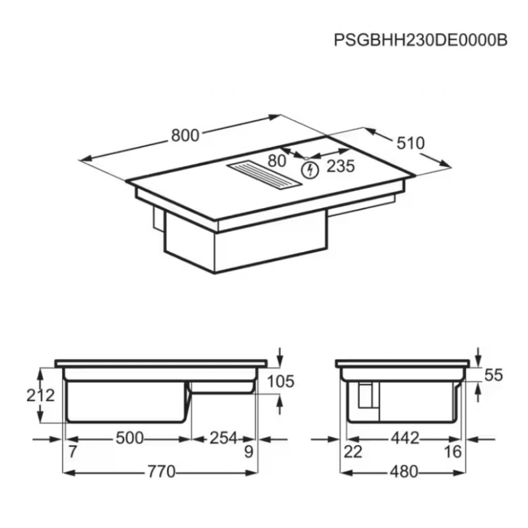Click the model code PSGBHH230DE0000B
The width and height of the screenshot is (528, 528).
[x=420, y=40]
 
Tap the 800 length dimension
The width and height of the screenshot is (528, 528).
[x=185, y=135]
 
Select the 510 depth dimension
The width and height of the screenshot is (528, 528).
[x=411, y=143]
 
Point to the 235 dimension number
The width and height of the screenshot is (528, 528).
[x=341, y=166]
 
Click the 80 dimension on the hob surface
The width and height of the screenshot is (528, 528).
[x=277, y=161]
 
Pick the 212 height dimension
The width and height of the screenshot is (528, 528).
[x=40, y=395]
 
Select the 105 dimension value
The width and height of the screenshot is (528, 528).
[x=280, y=381]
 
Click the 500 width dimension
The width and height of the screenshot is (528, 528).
[x=129, y=438]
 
